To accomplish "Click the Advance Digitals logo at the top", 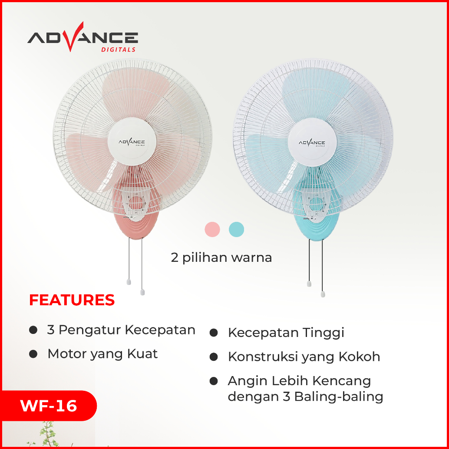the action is pyautogui.click(x=83, y=37).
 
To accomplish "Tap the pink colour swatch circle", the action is pyautogui.click(x=212, y=229).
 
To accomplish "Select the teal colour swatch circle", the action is pyautogui.click(x=237, y=229).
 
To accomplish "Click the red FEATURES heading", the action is pyautogui.click(x=72, y=300).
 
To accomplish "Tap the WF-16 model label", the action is pyautogui.click(x=48, y=406).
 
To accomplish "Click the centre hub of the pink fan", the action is pyautogui.click(x=132, y=142).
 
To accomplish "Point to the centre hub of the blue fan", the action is pyautogui.click(x=312, y=142).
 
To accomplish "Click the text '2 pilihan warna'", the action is pyautogui.click(x=221, y=258).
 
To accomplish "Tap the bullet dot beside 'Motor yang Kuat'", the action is pyautogui.click(x=33, y=354).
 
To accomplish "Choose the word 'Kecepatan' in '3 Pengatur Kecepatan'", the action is pyautogui.click(x=160, y=330).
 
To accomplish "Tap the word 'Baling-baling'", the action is pyautogui.click(x=339, y=397).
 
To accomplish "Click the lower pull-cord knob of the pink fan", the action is pyautogui.click(x=142, y=292).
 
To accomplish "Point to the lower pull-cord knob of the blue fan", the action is pyautogui.click(x=323, y=294).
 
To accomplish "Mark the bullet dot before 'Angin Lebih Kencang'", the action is pyautogui.click(x=214, y=381).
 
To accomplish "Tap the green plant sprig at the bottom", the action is pyautogui.click(x=47, y=434).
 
